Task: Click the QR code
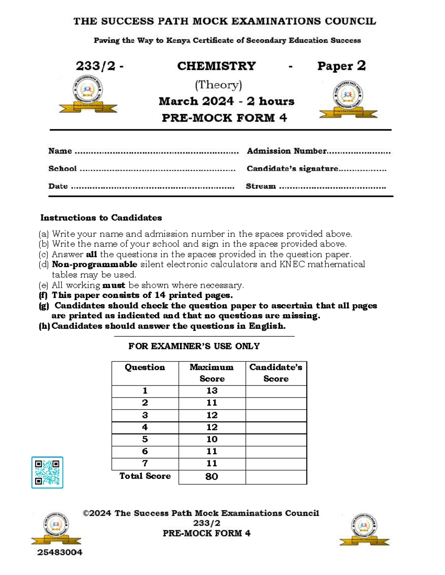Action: pos(47,472)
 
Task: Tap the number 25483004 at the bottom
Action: pos(60,552)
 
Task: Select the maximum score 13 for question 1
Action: pos(212,391)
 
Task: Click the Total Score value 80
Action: pos(212,477)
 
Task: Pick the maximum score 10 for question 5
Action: pos(212,439)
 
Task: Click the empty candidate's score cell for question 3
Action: pos(276,415)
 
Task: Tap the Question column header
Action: pos(145,367)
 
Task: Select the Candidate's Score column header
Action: pos(276,372)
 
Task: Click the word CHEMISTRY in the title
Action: pos(217,66)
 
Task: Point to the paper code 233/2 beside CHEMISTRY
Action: pos(96,66)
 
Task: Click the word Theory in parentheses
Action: pos(218,85)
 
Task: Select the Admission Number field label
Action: pos(287,151)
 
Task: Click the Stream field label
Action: pos(261,186)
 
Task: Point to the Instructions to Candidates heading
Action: pos(101,218)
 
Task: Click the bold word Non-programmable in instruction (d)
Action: pos(95,264)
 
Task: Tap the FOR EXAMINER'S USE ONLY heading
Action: pos(194,346)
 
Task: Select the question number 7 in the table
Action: pos(145,463)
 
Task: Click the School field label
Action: pos(62,169)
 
